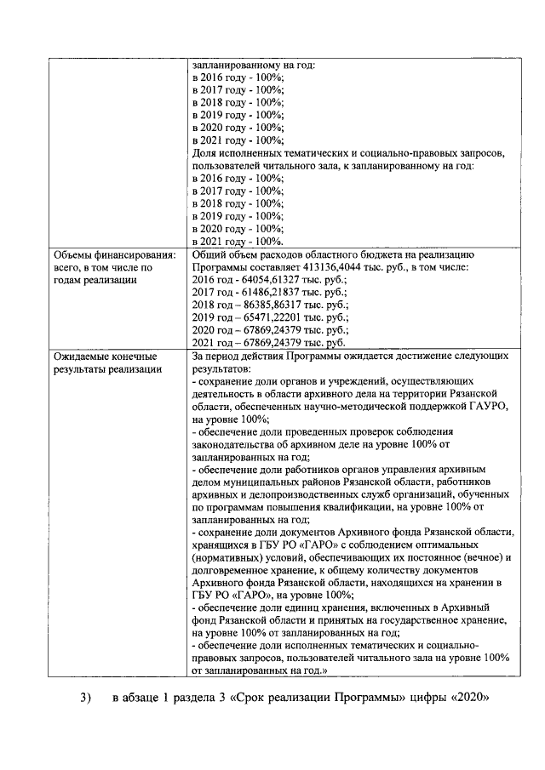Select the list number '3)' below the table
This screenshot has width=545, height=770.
tap(85, 698)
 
